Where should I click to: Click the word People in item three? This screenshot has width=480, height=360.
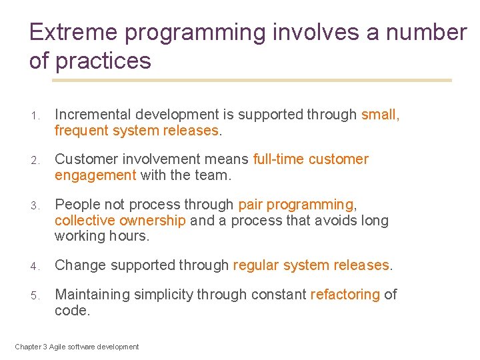coord(75,204)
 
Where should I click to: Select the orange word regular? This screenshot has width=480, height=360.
coord(256,265)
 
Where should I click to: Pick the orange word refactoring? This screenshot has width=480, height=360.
coord(345,294)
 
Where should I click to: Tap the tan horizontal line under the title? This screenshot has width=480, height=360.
coord(251,81)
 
